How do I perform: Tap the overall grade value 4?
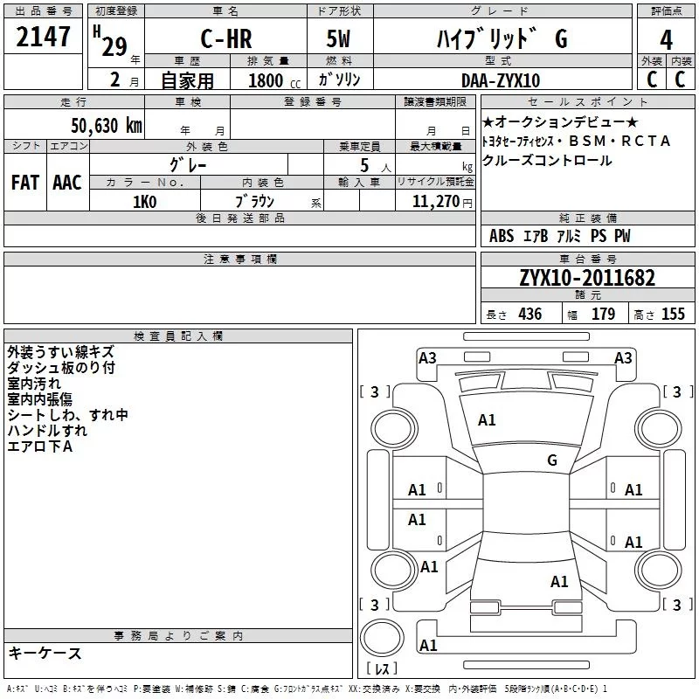(x=666, y=40)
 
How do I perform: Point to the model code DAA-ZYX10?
(x=500, y=80)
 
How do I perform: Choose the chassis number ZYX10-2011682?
(x=586, y=279)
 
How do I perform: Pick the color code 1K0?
(x=144, y=201)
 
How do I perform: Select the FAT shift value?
(x=24, y=182)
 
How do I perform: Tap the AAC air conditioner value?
(x=67, y=182)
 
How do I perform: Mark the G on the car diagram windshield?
(x=551, y=460)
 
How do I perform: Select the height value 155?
(x=673, y=315)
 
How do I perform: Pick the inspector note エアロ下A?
(x=39, y=446)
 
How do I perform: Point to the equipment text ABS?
(x=502, y=236)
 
